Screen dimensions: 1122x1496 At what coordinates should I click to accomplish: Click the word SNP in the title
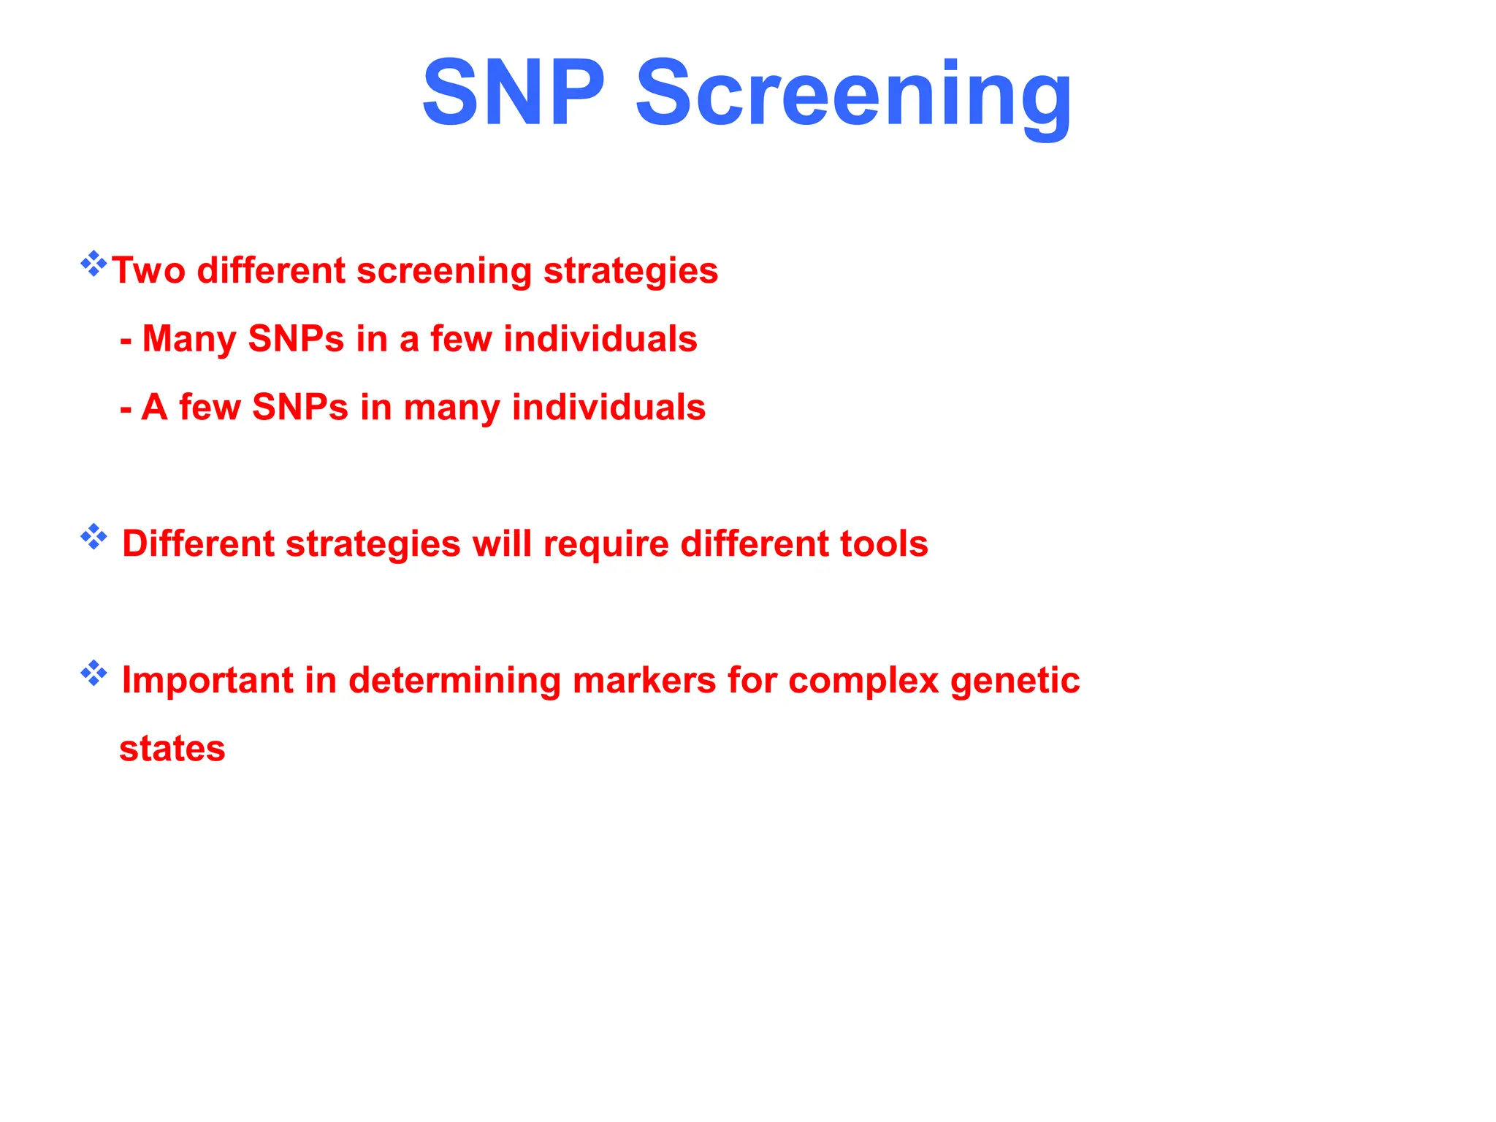pos(514,93)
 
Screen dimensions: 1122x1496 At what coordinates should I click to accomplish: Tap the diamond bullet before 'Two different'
pos(93,264)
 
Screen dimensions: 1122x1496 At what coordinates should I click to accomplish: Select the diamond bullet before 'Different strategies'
pos(93,537)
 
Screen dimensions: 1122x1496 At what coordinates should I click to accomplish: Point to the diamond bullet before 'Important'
pos(93,673)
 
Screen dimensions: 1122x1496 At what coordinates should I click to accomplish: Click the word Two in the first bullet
pos(148,271)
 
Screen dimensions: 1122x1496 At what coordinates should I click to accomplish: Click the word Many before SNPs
pos(189,340)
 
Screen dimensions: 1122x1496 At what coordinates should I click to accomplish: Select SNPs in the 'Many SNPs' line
pos(296,340)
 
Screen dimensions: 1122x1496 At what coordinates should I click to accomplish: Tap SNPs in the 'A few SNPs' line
pos(299,408)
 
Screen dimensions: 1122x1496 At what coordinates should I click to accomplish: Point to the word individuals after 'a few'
pos(600,340)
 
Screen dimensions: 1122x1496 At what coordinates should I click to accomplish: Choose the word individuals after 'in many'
pos(608,408)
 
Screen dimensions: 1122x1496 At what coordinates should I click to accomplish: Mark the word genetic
pos(1015,681)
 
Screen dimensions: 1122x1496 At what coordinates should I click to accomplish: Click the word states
pos(172,749)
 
